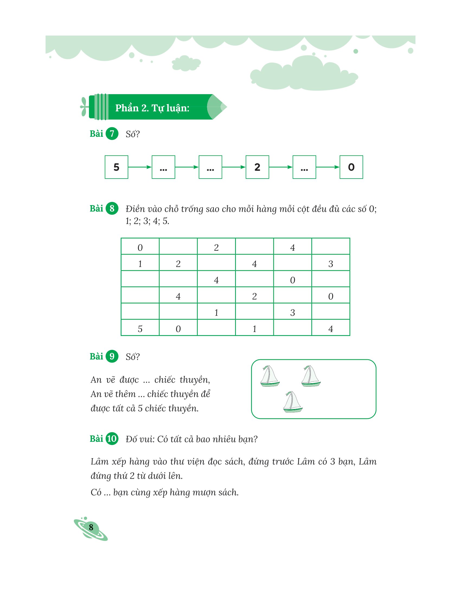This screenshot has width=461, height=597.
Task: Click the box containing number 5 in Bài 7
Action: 116,167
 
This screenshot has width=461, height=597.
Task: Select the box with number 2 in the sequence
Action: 257,167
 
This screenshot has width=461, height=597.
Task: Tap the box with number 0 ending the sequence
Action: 351,167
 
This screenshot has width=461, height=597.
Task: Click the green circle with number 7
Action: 112,134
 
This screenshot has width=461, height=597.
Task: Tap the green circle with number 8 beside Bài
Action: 112,208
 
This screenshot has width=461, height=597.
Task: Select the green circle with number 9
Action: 112,357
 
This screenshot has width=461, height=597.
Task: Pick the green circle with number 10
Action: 112,439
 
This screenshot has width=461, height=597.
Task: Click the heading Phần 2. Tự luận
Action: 152,108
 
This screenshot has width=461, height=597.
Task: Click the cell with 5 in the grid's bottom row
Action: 140,329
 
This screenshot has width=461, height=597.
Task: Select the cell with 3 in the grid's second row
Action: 331,264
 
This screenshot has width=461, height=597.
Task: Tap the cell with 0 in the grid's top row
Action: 140,247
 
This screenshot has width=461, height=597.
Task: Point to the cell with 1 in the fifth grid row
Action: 216,312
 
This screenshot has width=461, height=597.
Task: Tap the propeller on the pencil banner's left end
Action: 84,107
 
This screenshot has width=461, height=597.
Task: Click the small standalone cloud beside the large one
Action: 186,63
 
